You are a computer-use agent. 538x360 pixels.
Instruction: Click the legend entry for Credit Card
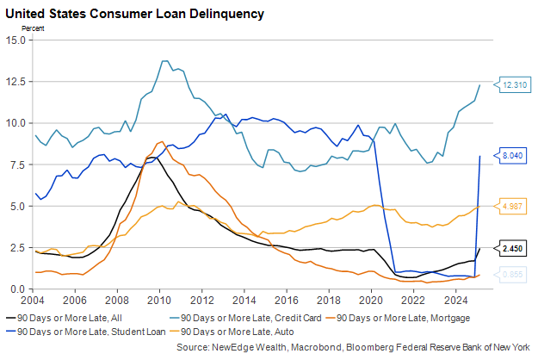click(x=223, y=319)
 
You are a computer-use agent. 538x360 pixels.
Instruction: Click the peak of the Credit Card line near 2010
click(x=164, y=61)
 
